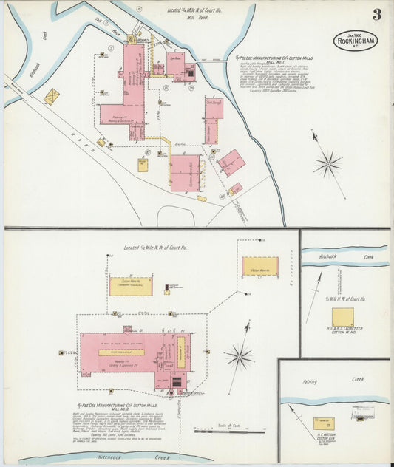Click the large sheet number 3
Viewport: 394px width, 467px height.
click(x=377, y=14)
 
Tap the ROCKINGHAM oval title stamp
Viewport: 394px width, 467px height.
click(x=356, y=40)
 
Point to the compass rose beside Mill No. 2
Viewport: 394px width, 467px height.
click(x=239, y=358)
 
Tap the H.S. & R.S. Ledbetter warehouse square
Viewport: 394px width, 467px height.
click(x=342, y=317)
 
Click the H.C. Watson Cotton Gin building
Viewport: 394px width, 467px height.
click(x=322, y=423)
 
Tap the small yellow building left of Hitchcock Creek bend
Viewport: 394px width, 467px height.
click(x=51, y=96)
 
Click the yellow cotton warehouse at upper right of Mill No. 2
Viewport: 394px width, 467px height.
click(x=260, y=267)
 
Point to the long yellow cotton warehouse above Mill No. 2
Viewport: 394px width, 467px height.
click(x=131, y=286)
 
